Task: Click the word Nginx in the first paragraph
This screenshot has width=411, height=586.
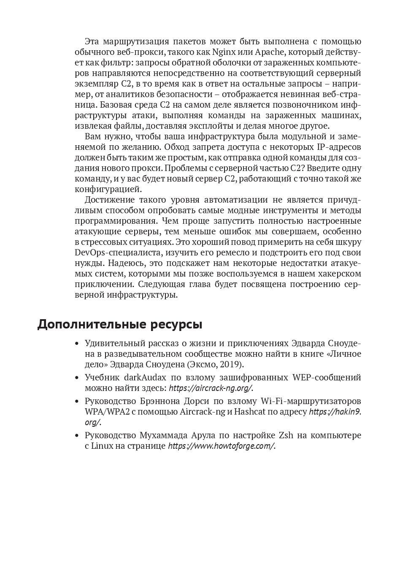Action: (x=223, y=52)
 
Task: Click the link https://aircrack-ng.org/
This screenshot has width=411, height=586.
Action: (x=210, y=388)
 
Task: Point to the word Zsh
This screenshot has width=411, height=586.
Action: (x=285, y=435)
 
